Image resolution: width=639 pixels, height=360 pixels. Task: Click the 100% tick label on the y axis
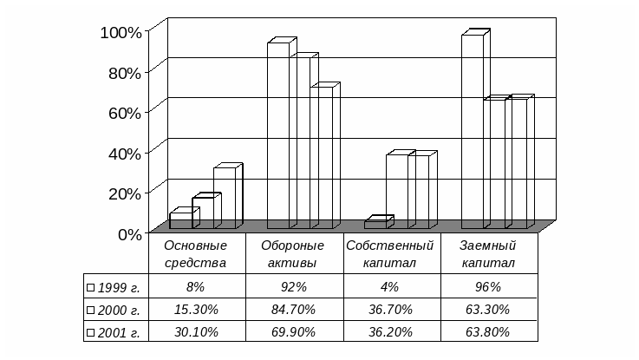121,32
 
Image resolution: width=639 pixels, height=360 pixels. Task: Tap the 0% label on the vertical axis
129,232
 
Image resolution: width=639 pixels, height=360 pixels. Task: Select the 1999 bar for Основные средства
181,221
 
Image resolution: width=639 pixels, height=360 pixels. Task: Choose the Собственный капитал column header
389,253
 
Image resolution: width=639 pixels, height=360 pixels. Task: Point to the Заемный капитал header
488,253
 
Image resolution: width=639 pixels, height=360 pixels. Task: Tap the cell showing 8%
195,286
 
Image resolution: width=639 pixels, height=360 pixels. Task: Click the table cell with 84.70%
293,309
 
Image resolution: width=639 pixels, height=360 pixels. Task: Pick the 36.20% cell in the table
389,331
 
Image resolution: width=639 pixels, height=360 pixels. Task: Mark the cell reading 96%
488,286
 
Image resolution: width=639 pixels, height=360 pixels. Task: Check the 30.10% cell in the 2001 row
195,331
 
